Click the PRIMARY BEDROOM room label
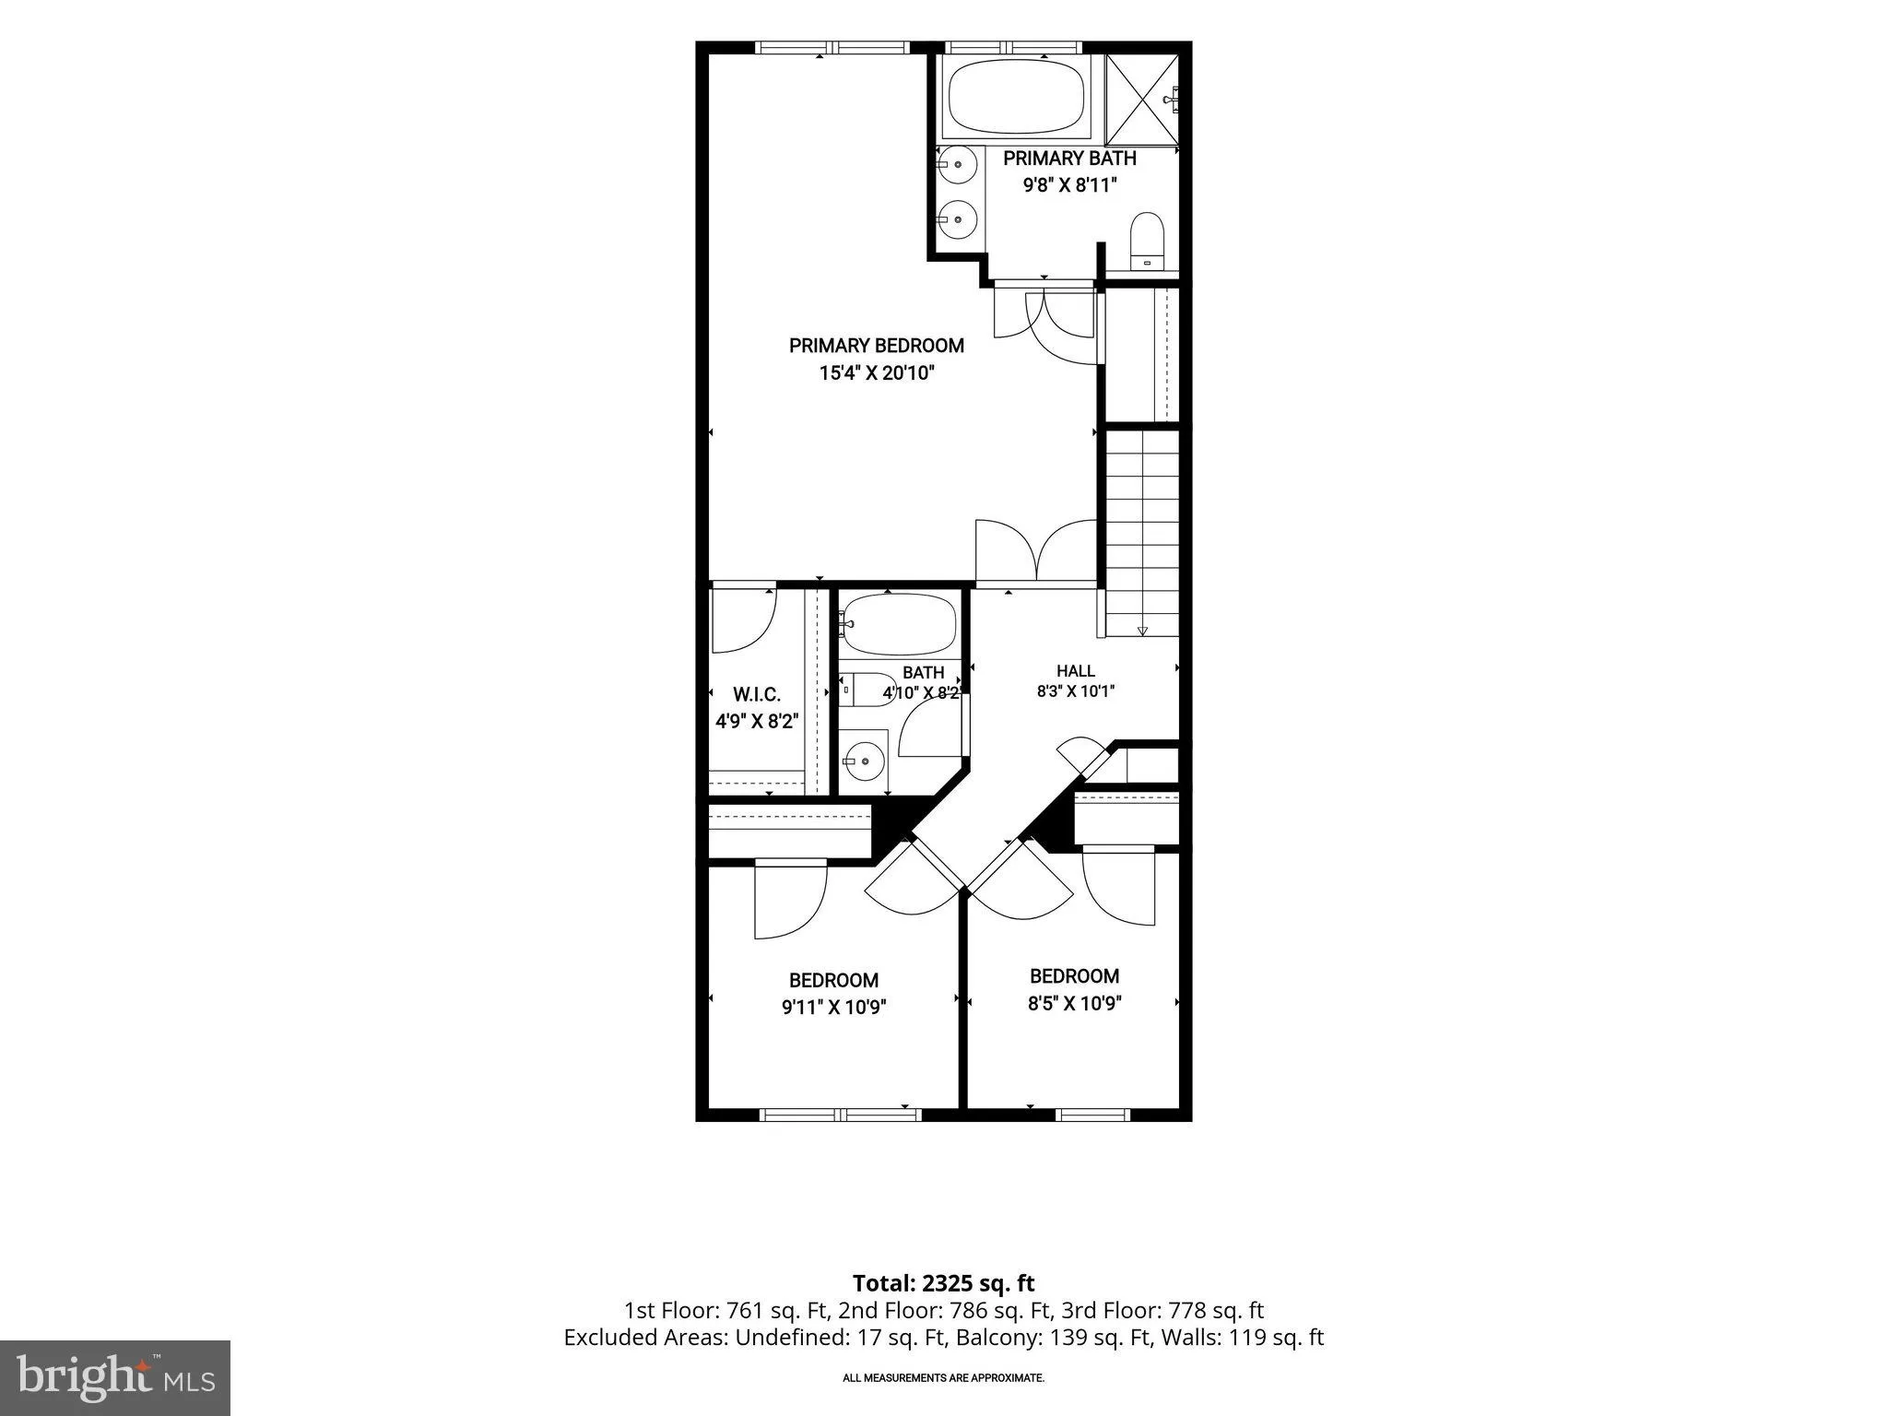tap(877, 346)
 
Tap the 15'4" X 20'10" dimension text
tap(877, 373)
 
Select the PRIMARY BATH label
tap(1069, 159)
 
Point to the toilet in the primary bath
tap(1148, 241)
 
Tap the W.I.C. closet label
tap(757, 695)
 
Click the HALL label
tap(1076, 671)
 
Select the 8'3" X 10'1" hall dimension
tap(1076, 690)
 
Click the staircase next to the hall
tap(1142, 533)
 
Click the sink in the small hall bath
tap(864, 761)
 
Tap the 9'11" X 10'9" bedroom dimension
tap(834, 1008)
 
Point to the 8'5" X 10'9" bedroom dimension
tap(1075, 1003)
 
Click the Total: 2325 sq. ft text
tap(943, 1283)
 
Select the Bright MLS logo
tap(115, 1377)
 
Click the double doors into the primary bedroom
tap(1037, 551)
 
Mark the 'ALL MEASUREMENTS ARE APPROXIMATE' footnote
tap(943, 1378)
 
